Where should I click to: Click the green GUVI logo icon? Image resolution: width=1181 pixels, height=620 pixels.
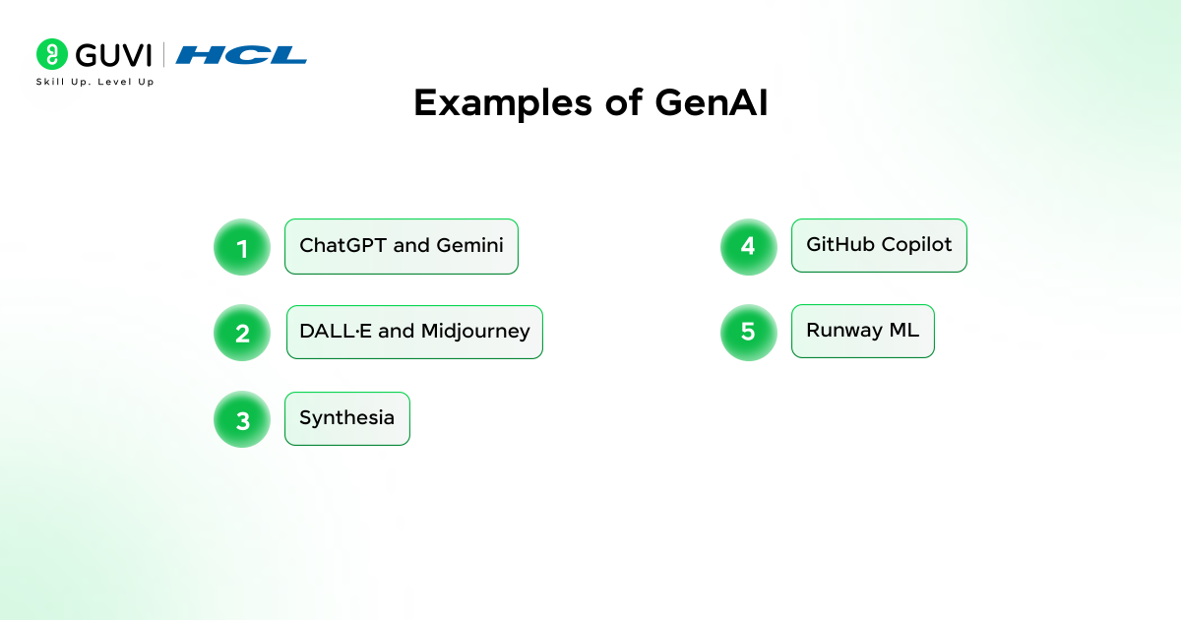point(51,54)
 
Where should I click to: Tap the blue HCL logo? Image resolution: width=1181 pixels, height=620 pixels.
point(241,55)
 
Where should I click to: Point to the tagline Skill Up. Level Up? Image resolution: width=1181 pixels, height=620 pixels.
point(94,82)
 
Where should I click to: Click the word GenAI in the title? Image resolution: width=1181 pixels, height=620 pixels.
point(712,102)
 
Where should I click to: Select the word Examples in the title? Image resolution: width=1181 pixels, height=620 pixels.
point(503,103)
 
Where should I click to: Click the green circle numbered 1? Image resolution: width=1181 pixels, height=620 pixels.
point(242,247)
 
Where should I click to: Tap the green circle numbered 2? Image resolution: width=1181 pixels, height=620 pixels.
point(242,333)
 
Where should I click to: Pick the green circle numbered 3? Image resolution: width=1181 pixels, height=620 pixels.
point(242,419)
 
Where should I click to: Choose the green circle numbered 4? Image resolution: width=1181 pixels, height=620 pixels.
point(749,247)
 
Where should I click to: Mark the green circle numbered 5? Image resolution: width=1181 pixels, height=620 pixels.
point(749,333)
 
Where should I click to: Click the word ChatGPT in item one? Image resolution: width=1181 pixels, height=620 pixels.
point(343,245)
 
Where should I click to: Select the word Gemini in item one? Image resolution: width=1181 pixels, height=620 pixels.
point(469,245)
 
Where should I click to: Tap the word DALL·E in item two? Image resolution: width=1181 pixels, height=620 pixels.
point(336,331)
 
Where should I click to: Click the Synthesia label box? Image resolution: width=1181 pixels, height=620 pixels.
point(347,418)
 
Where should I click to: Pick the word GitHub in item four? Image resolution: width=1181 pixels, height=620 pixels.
point(840,244)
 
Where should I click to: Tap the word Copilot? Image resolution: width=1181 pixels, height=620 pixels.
point(917,245)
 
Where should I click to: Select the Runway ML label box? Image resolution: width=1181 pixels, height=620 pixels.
point(863,331)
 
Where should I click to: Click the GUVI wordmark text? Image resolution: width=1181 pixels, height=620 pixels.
point(114,55)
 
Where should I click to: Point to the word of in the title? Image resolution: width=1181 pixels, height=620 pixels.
point(624,102)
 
